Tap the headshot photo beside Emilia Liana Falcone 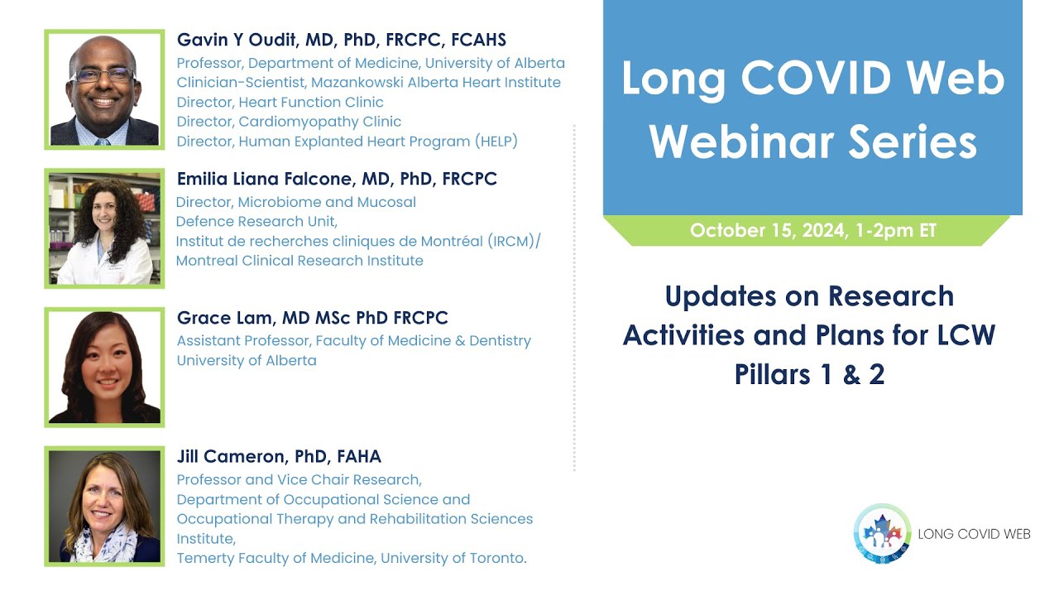click(x=104, y=228)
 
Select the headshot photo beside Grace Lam click(x=104, y=368)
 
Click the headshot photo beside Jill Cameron click(x=104, y=507)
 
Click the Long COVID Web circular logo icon click(x=882, y=534)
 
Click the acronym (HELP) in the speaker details click(x=496, y=142)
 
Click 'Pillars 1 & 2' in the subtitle click(x=809, y=374)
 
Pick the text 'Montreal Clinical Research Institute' click(x=299, y=261)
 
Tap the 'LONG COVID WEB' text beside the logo click(x=974, y=534)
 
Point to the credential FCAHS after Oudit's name click(x=478, y=40)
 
